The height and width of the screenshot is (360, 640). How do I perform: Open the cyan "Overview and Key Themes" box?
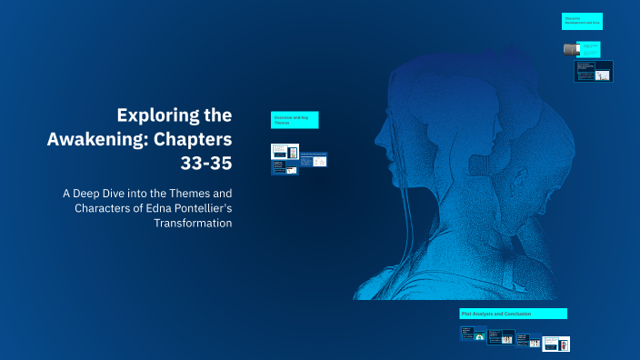(x=295, y=120)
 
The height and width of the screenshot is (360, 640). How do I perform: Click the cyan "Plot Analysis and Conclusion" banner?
(x=513, y=314)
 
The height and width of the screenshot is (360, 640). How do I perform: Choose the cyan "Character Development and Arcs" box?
(x=582, y=21)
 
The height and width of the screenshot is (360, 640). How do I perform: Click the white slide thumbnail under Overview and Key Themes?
(x=313, y=161)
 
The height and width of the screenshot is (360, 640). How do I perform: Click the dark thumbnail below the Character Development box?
(x=594, y=71)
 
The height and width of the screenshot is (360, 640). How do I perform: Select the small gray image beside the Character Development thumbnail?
(x=570, y=48)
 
